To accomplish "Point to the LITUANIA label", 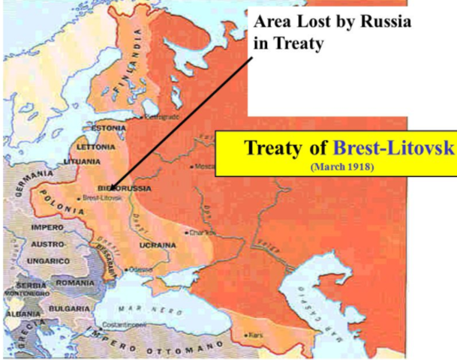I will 83,161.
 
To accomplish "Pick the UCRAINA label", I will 158,244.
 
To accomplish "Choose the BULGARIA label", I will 70,308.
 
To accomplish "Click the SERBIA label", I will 27,285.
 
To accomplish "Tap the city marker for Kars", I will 248,334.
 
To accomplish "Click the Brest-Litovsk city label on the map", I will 101,198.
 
